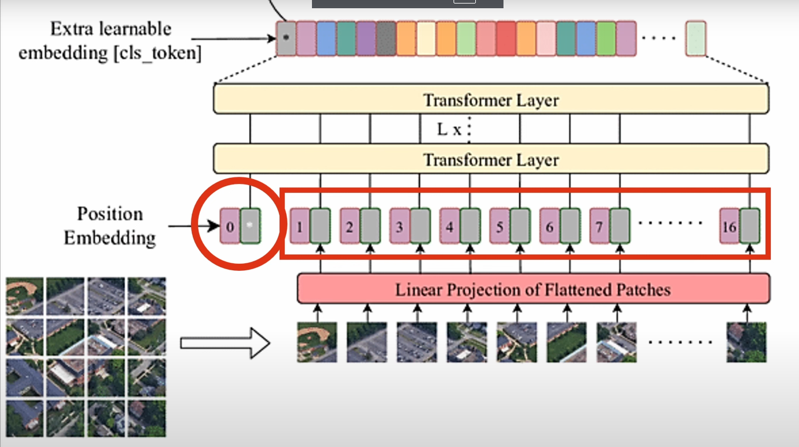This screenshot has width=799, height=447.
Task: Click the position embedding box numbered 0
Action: [x=230, y=226]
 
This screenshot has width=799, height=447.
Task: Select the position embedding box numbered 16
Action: [x=729, y=226]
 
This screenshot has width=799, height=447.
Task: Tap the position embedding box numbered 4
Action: [x=449, y=226]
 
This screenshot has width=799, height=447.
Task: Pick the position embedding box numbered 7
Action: [x=599, y=226]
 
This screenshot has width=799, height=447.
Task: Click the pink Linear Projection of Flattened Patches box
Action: [x=533, y=289]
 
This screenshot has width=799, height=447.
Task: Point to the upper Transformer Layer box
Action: [x=491, y=100]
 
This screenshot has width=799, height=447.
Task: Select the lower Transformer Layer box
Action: [x=491, y=159]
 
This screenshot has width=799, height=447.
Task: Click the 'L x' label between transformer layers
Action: [x=449, y=130]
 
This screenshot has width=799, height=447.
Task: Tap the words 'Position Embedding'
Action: [x=110, y=226]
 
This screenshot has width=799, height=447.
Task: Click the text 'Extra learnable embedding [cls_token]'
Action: [x=110, y=41]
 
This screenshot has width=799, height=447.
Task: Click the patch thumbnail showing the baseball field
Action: [x=317, y=342]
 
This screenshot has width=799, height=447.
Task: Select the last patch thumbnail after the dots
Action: [x=747, y=342]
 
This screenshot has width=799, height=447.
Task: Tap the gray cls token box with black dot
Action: [x=286, y=38]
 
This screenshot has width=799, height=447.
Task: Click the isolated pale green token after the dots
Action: [x=696, y=38]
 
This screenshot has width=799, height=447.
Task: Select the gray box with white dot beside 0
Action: [x=250, y=226]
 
